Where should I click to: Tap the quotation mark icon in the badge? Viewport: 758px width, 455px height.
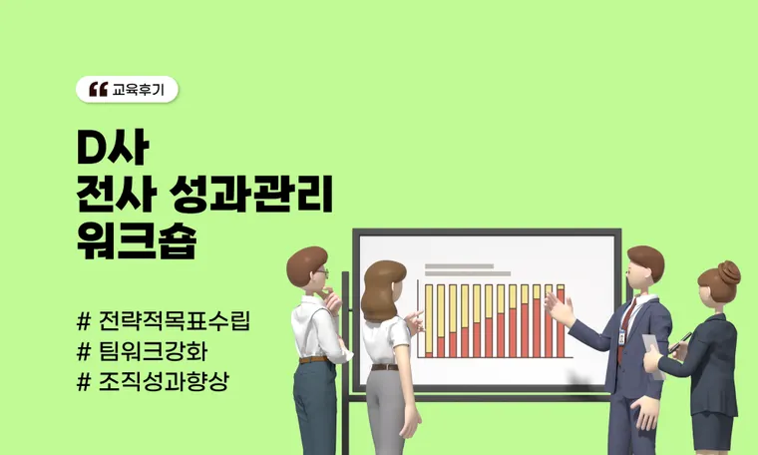click(98, 90)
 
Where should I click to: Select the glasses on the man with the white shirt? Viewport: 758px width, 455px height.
click(321, 272)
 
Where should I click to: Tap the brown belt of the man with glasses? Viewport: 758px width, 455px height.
click(312, 359)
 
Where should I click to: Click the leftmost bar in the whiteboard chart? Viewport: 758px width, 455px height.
click(430, 320)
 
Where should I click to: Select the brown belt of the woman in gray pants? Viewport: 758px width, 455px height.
click(385, 367)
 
